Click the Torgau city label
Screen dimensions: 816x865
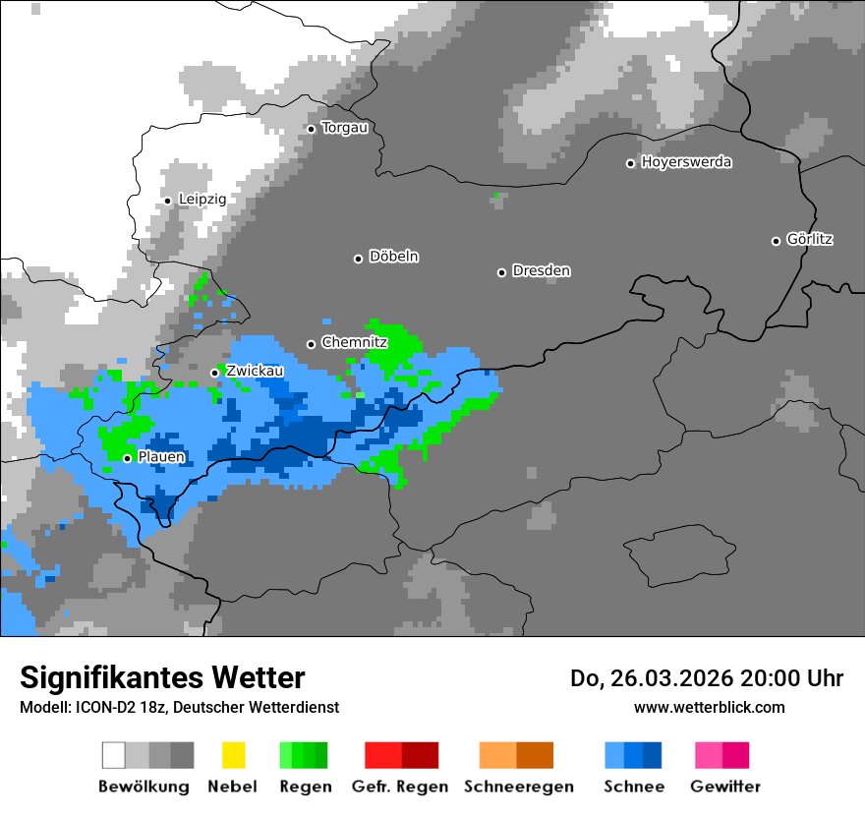tap(344, 128)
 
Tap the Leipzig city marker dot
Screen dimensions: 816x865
tap(168, 201)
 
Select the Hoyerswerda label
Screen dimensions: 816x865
tap(686, 162)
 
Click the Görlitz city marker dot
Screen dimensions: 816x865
tap(776, 241)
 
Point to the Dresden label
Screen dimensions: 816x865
tap(541, 271)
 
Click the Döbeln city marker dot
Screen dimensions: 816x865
tap(358, 259)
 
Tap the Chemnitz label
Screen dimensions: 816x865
tap(354, 343)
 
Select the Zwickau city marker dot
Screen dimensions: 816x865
tap(215, 373)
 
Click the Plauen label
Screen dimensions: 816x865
tap(161, 457)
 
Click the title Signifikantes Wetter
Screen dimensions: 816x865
tap(162, 677)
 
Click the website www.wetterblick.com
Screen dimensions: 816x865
tap(709, 707)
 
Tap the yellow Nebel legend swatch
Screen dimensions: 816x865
tap(233, 755)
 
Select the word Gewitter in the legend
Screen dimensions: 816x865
tap(724, 787)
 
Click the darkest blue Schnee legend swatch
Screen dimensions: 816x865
tap(653, 755)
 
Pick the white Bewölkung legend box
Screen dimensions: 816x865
tap(114, 755)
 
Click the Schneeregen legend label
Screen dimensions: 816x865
tap(518, 787)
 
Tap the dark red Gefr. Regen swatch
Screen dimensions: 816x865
tap(421, 755)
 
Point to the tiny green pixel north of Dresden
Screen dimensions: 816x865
tap(497, 195)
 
